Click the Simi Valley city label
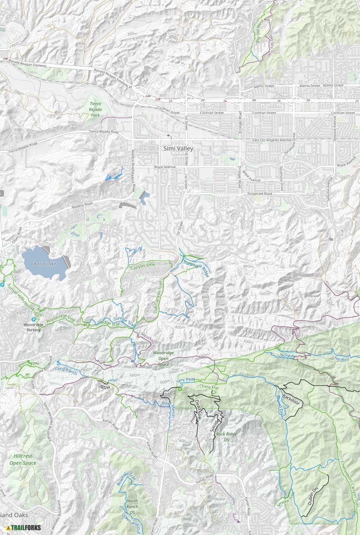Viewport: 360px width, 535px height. tap(178, 149)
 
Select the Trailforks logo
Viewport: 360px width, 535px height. tap(24, 527)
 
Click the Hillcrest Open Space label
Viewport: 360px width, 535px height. tap(22, 460)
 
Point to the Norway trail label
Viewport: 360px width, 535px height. tap(288, 355)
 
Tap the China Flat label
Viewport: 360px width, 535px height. tap(209, 387)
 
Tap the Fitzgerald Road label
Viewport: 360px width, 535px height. tap(259, 194)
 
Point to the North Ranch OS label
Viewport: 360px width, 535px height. tap(132, 504)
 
